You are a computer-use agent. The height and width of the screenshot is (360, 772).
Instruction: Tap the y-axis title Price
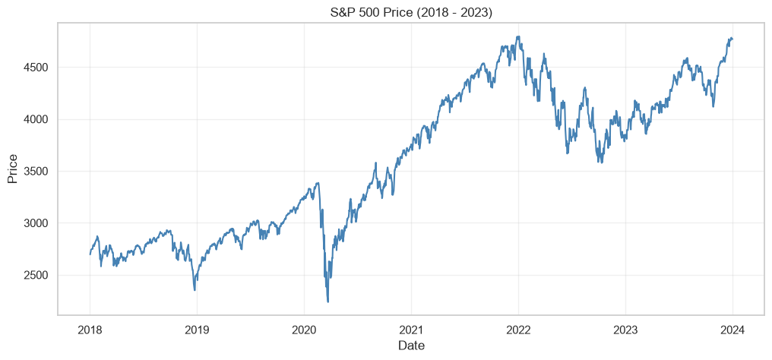[13, 168]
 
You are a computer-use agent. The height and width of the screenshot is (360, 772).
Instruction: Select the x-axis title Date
[411, 346]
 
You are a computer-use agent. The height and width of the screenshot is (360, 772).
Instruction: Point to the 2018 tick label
[90, 330]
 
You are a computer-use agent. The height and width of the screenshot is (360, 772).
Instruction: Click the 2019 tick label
[197, 330]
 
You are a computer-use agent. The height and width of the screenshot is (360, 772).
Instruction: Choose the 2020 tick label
[304, 330]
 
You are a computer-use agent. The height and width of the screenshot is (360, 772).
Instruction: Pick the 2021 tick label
[411, 330]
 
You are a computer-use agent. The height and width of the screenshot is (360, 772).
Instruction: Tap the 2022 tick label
[518, 330]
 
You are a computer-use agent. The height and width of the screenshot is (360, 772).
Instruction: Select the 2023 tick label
[625, 330]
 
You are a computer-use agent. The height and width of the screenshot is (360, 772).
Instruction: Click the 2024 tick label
[732, 330]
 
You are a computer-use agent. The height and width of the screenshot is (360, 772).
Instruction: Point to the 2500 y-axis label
[36, 276]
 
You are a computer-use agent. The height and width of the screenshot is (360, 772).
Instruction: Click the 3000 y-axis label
[36, 223]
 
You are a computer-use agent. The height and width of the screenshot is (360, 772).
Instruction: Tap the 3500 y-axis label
[36, 172]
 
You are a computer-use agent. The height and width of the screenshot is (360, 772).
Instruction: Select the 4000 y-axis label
[36, 119]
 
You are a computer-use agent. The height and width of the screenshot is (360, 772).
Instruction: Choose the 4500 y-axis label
[36, 68]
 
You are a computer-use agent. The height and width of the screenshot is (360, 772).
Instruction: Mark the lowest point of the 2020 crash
[328, 302]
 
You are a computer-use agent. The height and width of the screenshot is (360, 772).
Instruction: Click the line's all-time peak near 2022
[518, 36]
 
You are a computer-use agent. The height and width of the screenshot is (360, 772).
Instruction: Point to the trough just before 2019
[195, 290]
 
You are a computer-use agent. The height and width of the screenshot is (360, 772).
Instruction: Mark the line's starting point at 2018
[90, 254]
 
